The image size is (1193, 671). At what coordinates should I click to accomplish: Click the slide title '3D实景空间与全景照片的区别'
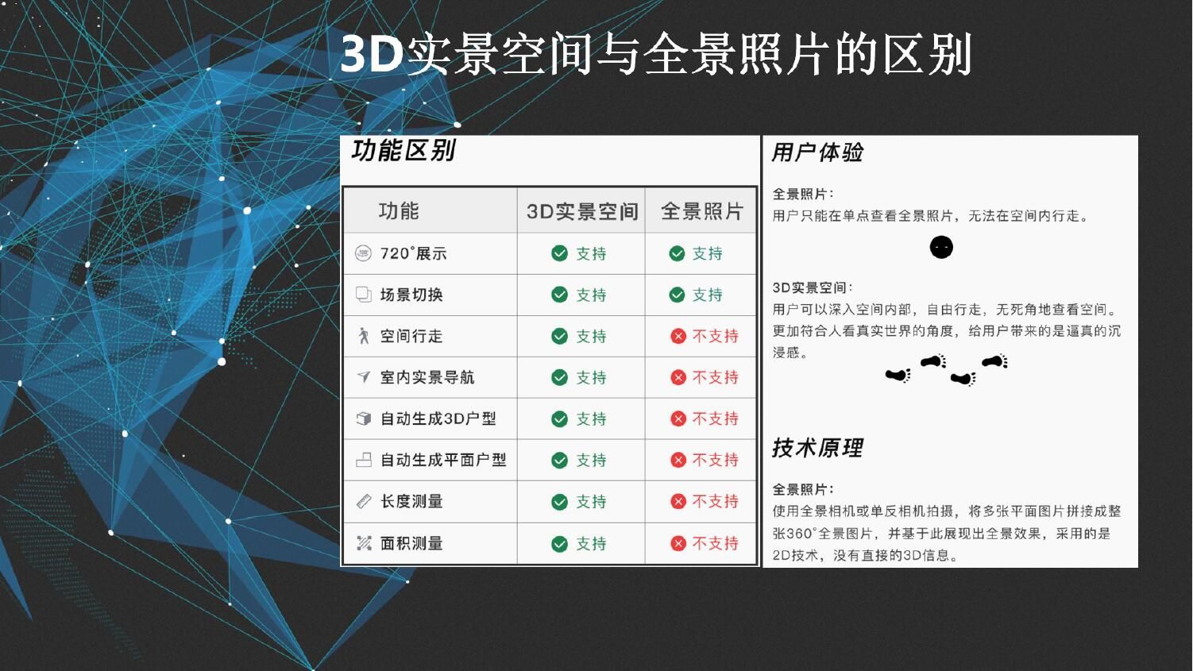coord(656,54)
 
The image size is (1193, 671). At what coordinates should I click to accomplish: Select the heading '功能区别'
coord(403,151)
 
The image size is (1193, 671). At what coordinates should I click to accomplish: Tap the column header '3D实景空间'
coord(582,211)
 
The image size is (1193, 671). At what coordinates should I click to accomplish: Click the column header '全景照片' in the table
coord(701,211)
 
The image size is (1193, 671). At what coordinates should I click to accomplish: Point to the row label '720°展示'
coord(413,253)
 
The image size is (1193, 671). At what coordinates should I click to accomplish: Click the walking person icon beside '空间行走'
coord(364,336)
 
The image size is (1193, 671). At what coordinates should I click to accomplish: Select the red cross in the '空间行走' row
coord(678,336)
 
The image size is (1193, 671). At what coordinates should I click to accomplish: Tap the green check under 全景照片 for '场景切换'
coord(677,295)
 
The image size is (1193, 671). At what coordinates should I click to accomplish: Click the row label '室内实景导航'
coord(427,377)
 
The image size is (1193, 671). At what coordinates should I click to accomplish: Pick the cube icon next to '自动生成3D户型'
coord(364,418)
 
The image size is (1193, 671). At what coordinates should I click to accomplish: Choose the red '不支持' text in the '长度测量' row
coord(716,501)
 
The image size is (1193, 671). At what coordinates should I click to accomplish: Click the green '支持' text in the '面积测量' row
coord(591,544)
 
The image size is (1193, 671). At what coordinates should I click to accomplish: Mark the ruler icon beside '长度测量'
coord(364,501)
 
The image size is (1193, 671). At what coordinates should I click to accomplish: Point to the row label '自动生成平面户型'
coord(443,460)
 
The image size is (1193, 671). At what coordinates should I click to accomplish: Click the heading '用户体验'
coord(817,152)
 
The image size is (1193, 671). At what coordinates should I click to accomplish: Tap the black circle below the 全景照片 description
coord(941,248)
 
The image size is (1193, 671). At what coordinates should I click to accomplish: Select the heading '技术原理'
coord(817,448)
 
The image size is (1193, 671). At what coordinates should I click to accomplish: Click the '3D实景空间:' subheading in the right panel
coord(813,287)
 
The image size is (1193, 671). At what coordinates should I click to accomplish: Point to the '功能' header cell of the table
coord(399,211)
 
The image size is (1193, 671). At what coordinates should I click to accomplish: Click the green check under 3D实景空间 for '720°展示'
coord(560,253)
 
